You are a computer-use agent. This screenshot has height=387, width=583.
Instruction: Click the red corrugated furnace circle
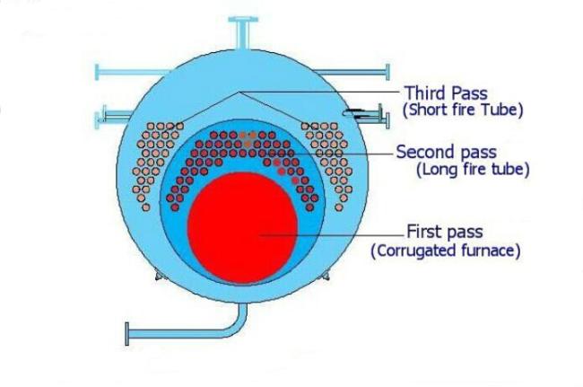click(242, 227)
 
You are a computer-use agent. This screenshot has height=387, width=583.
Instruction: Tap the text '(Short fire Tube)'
click(463, 110)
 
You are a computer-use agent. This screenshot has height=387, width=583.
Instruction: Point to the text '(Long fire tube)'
click(473, 170)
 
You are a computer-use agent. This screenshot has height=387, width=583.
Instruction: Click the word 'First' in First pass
click(423, 232)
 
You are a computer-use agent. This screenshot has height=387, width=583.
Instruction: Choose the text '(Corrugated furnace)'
click(446, 251)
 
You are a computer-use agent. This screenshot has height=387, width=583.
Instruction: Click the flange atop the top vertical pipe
click(243, 19)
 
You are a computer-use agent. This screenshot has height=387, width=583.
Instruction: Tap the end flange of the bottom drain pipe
click(127, 334)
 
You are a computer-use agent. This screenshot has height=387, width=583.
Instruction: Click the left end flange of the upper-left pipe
click(97, 72)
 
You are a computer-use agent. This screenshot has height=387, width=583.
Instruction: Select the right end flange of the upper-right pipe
click(387, 72)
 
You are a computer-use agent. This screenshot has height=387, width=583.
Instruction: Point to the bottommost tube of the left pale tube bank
click(146, 207)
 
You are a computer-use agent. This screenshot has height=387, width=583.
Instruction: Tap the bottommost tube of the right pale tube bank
click(339, 207)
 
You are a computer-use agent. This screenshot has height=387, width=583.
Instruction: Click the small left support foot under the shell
click(159, 276)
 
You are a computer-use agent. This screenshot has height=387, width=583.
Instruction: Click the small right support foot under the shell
click(326, 276)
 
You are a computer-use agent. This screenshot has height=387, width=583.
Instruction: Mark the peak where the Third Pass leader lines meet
click(239, 92)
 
